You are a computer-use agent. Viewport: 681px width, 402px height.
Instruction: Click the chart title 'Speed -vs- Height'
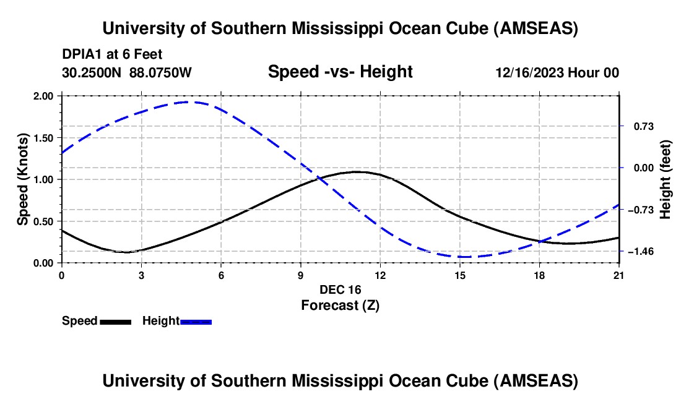point(340,72)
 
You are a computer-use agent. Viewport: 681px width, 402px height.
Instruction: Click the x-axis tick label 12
point(380,275)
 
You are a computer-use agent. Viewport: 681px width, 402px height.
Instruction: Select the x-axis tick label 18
point(540,275)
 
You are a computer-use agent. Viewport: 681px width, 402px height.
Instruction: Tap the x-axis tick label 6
point(221,275)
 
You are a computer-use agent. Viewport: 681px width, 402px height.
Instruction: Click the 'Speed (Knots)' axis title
point(24,179)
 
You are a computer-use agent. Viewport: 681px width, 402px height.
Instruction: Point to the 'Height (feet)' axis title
point(666,179)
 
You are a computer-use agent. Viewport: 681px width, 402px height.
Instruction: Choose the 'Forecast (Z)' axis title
point(340,305)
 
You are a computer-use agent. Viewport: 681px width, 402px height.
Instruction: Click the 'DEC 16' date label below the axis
point(340,289)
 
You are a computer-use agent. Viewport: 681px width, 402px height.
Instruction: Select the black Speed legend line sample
point(115,322)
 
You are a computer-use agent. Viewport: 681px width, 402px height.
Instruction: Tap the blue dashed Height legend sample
point(196,322)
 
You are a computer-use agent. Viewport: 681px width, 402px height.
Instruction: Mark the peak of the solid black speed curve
point(357,171)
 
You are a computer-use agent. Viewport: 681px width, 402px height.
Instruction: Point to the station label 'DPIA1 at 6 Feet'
point(112,54)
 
